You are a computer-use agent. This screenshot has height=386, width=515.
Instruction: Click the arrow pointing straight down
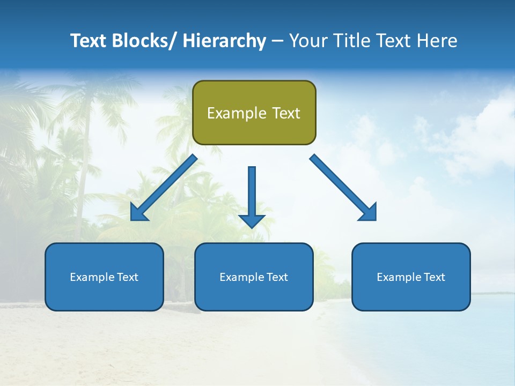(x=252, y=193)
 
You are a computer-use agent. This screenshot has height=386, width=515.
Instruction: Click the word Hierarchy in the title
(x=224, y=41)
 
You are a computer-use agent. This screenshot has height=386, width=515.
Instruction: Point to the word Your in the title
(x=308, y=41)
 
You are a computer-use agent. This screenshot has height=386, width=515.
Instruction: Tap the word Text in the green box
(x=286, y=113)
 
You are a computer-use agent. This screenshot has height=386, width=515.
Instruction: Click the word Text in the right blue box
(x=435, y=277)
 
